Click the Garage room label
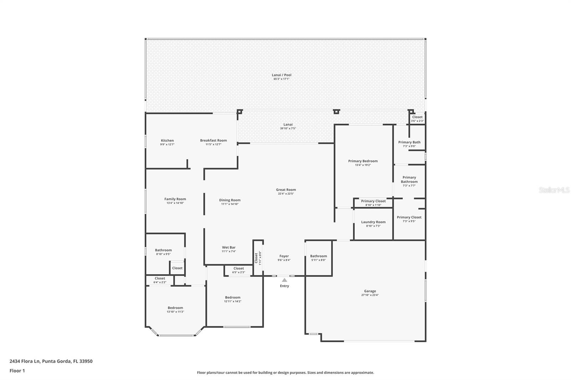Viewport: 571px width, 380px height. coord(370,291)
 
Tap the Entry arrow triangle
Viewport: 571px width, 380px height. coord(284,280)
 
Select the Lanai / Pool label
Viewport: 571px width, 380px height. coord(282,75)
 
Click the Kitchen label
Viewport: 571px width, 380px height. coord(167,140)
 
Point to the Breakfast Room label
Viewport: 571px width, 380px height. coord(213,140)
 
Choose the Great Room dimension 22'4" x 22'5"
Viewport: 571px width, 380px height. coord(286,194)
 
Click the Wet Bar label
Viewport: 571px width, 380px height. coord(229,247)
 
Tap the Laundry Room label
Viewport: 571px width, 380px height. coord(373,222)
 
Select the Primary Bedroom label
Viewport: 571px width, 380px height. coord(363,161)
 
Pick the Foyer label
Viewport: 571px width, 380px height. coord(284,256)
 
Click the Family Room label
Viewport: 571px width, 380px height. coord(175,199)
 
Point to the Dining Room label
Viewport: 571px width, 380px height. coord(230,200)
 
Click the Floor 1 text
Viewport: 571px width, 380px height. coord(17,371)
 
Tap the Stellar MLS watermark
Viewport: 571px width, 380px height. coord(554,190)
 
